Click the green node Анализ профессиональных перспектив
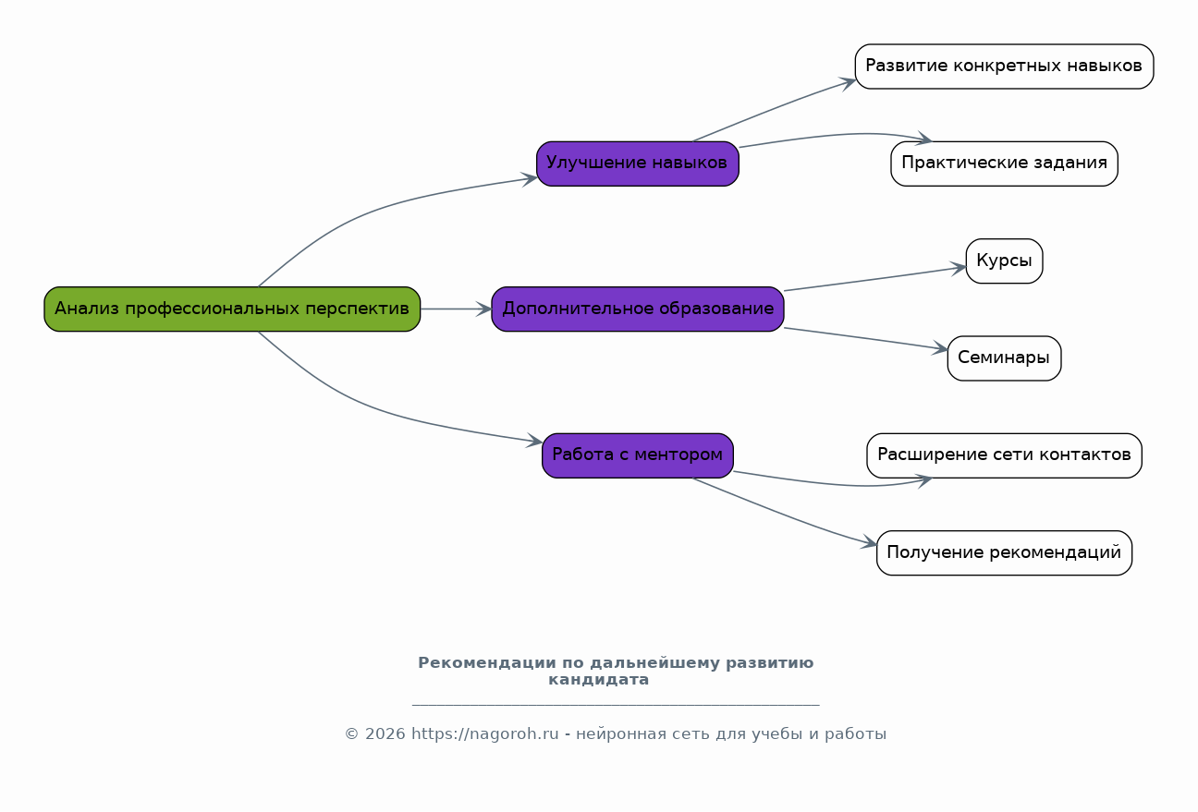pos(232,309)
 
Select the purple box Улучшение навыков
pos(637,164)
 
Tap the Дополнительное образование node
pos(637,309)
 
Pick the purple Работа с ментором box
pos(637,455)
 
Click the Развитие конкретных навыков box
pos(1004,67)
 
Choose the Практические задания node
pos(1004,164)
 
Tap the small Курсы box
pos(1004,261)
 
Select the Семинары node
pos(1004,358)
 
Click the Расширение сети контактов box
pos(1004,455)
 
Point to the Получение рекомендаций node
pos(1004,553)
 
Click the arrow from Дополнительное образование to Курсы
pos(874,279)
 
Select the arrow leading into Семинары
pos(866,338)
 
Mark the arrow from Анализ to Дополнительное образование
pos(456,309)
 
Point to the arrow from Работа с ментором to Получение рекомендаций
pos(786,515)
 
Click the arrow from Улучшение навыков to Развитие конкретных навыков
pos(775,110)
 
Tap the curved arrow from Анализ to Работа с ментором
pos(370,412)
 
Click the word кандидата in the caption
pos(599,680)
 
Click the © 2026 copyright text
pos(374,734)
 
